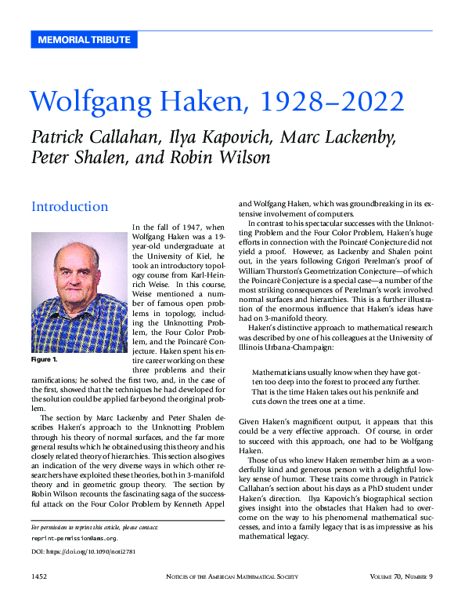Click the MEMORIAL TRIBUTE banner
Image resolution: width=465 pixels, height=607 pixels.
(84, 39)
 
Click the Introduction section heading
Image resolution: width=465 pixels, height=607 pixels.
(70, 206)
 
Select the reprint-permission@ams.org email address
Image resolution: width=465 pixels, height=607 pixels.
(74, 539)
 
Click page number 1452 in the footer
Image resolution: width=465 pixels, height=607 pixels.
(43, 577)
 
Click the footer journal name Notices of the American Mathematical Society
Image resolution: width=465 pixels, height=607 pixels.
(236, 577)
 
